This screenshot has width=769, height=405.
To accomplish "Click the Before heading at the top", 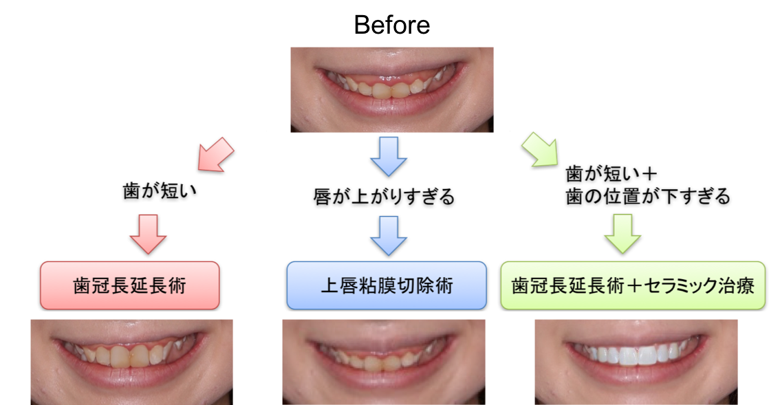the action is click(392, 25).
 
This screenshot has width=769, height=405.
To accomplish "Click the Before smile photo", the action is click(392, 89).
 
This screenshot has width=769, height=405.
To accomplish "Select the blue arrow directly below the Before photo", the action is click(389, 156).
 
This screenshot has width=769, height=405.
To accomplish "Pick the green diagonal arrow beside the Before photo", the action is click(540, 149).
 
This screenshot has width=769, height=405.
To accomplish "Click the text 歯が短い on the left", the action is click(160, 190).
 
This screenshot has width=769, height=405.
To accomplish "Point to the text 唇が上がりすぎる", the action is click(384, 197).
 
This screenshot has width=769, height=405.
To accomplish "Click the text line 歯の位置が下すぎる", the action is click(648, 197).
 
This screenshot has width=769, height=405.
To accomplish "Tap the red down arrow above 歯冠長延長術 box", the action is click(148, 234).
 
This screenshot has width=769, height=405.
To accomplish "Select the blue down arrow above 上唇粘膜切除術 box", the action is click(389, 236).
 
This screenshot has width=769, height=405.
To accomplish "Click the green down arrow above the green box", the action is click(622, 234).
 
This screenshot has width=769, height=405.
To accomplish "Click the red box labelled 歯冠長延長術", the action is click(130, 285).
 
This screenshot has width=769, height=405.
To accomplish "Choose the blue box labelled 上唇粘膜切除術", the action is click(387, 285).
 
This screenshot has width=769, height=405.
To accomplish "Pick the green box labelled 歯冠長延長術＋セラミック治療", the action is click(633, 285).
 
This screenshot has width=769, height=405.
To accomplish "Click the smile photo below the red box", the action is click(131, 362).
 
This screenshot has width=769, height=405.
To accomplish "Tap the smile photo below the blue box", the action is click(384, 362).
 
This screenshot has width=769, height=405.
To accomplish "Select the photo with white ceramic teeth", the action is click(636, 362).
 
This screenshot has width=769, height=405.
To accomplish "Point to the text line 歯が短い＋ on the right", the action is click(611, 173).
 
